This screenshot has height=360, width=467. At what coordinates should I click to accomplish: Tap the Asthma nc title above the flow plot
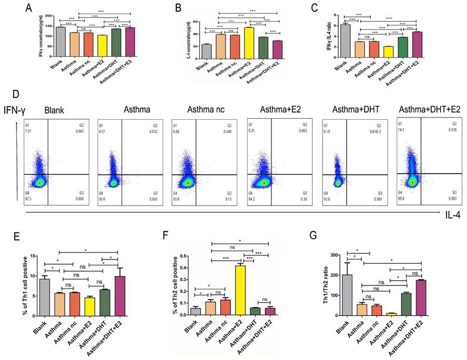pos(206,110)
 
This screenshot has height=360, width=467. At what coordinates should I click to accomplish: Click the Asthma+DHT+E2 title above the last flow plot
pos(429,110)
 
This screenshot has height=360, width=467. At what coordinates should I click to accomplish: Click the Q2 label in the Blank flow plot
pos(83,125)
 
